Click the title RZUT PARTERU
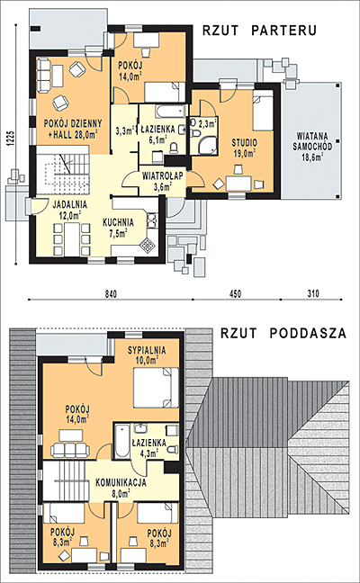(x=259, y=31)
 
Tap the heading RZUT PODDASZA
(x=283, y=333)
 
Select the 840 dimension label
(x=111, y=293)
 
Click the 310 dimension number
(x=313, y=293)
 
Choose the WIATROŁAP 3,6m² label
(x=163, y=181)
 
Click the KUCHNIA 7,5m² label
(x=118, y=228)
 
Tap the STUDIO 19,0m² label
(x=244, y=148)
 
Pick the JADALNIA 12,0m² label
(x=69, y=210)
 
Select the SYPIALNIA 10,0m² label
(x=147, y=354)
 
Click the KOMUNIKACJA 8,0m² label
(x=121, y=488)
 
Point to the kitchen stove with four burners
(x=148, y=245)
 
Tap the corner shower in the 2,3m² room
(x=207, y=145)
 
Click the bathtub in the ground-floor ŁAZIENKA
(x=170, y=111)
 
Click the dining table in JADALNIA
(x=72, y=238)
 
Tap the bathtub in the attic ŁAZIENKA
(x=122, y=442)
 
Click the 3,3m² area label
(x=124, y=130)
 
